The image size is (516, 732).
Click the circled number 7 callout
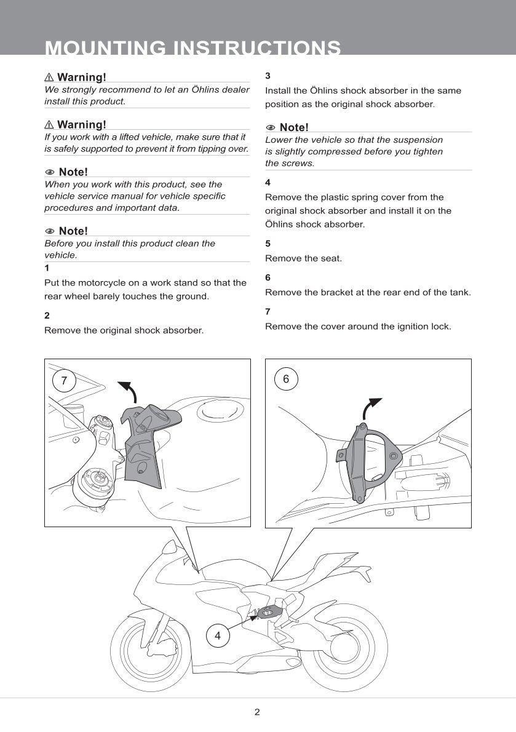pyautogui.click(x=64, y=380)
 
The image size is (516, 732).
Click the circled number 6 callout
pyautogui.click(x=286, y=379)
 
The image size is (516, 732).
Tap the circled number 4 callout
pyautogui.click(x=217, y=635)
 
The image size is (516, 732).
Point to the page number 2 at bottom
pyautogui.click(x=257, y=712)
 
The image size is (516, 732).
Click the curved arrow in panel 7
pyautogui.click(x=128, y=391)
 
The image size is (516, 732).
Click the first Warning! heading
pyautogui.click(x=81, y=77)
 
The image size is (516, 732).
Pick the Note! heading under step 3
pyautogui.click(x=293, y=127)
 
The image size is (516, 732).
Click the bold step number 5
pyautogui.click(x=268, y=244)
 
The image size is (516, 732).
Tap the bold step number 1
pyautogui.click(x=47, y=268)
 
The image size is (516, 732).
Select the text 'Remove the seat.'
pyautogui.click(x=303, y=258)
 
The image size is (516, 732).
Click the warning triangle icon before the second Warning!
pyautogui.click(x=49, y=125)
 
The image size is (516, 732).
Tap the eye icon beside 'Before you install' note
pyautogui.click(x=50, y=231)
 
